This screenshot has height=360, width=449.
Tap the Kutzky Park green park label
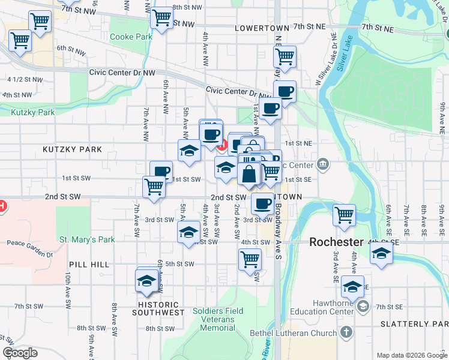point(32,112)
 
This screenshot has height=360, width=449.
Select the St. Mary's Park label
point(86,239)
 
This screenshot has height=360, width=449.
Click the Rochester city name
point(336,242)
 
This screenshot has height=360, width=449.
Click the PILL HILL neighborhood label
point(89,264)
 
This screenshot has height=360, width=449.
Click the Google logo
point(20,353)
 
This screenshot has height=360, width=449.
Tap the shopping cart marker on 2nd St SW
point(154,187)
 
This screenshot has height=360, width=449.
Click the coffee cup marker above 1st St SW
point(161,172)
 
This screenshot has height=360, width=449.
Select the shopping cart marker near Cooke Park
point(161,18)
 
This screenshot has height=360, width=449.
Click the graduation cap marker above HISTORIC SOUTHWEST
point(147,280)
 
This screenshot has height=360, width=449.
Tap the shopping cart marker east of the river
point(345,215)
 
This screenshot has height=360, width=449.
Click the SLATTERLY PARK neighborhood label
point(414,324)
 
